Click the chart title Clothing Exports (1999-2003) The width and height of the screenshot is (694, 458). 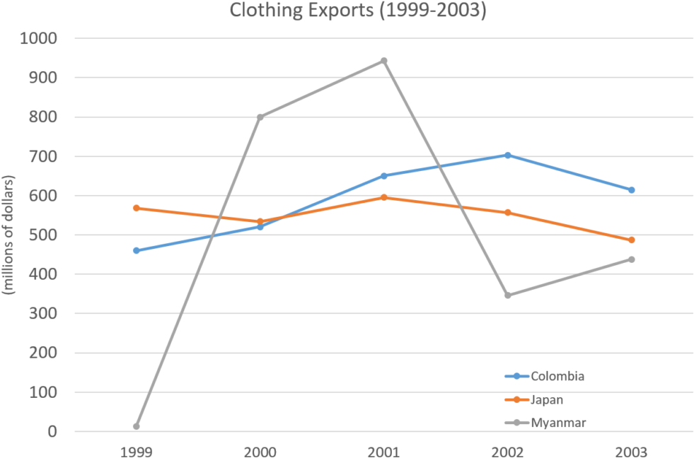[x=358, y=11]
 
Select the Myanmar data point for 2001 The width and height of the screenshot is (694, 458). [x=384, y=60]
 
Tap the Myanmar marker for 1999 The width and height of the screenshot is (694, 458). [x=136, y=426]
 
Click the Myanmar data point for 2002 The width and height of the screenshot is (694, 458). [x=507, y=295]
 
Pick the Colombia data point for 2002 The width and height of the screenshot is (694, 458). [x=507, y=155]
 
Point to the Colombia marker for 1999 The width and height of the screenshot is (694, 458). [x=136, y=250]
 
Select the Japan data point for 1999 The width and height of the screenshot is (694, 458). [x=136, y=209]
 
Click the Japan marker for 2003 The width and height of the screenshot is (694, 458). [x=631, y=240]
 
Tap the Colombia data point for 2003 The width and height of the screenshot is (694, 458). [x=631, y=189]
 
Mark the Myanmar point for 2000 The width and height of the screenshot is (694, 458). [x=260, y=117]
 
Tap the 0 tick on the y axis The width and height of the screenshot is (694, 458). [x=54, y=431]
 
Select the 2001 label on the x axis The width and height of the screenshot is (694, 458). [x=383, y=451]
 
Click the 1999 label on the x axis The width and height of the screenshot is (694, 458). [x=136, y=451]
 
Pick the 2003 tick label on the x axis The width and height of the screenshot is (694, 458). [x=631, y=451]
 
